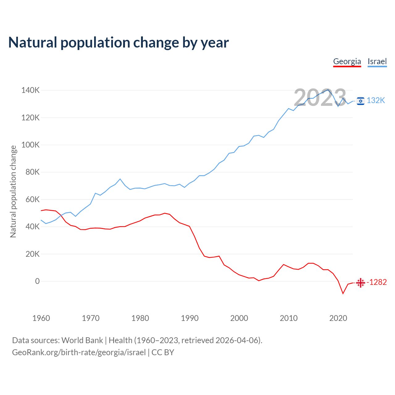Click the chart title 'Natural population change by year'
[118, 43]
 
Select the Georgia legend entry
[347, 61]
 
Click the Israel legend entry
[377, 61]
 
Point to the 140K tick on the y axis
[30, 90]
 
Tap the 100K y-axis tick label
[30, 145]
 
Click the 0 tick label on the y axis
[37, 281]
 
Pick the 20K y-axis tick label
[32, 254]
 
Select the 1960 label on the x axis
[41, 318]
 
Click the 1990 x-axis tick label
[189, 318]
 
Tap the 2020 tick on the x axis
[338, 318]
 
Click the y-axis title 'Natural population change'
[13, 191]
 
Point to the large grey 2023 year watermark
[320, 98]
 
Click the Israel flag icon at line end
[360, 101]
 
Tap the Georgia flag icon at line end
[360, 282]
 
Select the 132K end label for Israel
[376, 101]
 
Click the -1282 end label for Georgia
[376, 282]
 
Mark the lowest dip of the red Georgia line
[343, 293]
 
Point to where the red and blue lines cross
[60, 215]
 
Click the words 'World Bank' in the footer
[82, 340]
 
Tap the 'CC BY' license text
[163, 352]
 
